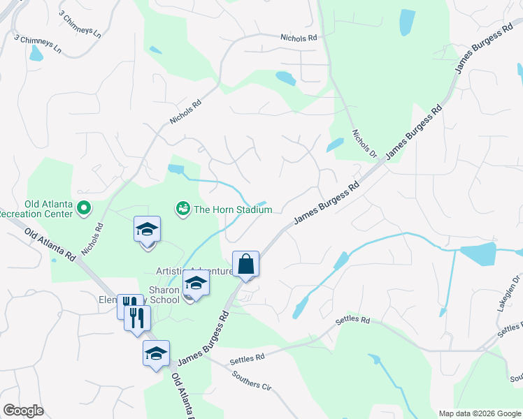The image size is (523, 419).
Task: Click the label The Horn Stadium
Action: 232,209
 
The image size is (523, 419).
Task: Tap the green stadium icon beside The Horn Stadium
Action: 182,209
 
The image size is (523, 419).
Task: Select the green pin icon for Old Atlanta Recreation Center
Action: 84,207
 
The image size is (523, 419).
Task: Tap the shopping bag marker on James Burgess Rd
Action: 245,265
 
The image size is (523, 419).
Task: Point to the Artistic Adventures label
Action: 194,271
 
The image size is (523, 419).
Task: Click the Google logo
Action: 23,411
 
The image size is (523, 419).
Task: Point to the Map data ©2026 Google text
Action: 480,413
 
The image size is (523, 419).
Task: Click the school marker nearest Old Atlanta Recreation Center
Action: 148,230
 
